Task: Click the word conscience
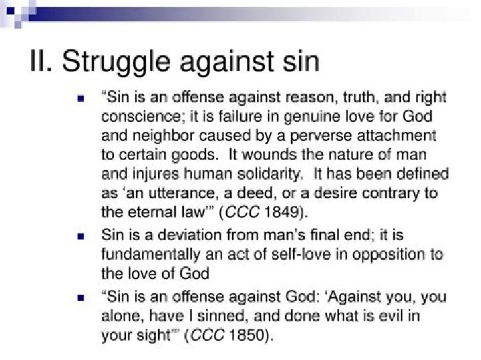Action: point(139,116)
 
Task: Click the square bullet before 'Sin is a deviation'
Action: point(81,236)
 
